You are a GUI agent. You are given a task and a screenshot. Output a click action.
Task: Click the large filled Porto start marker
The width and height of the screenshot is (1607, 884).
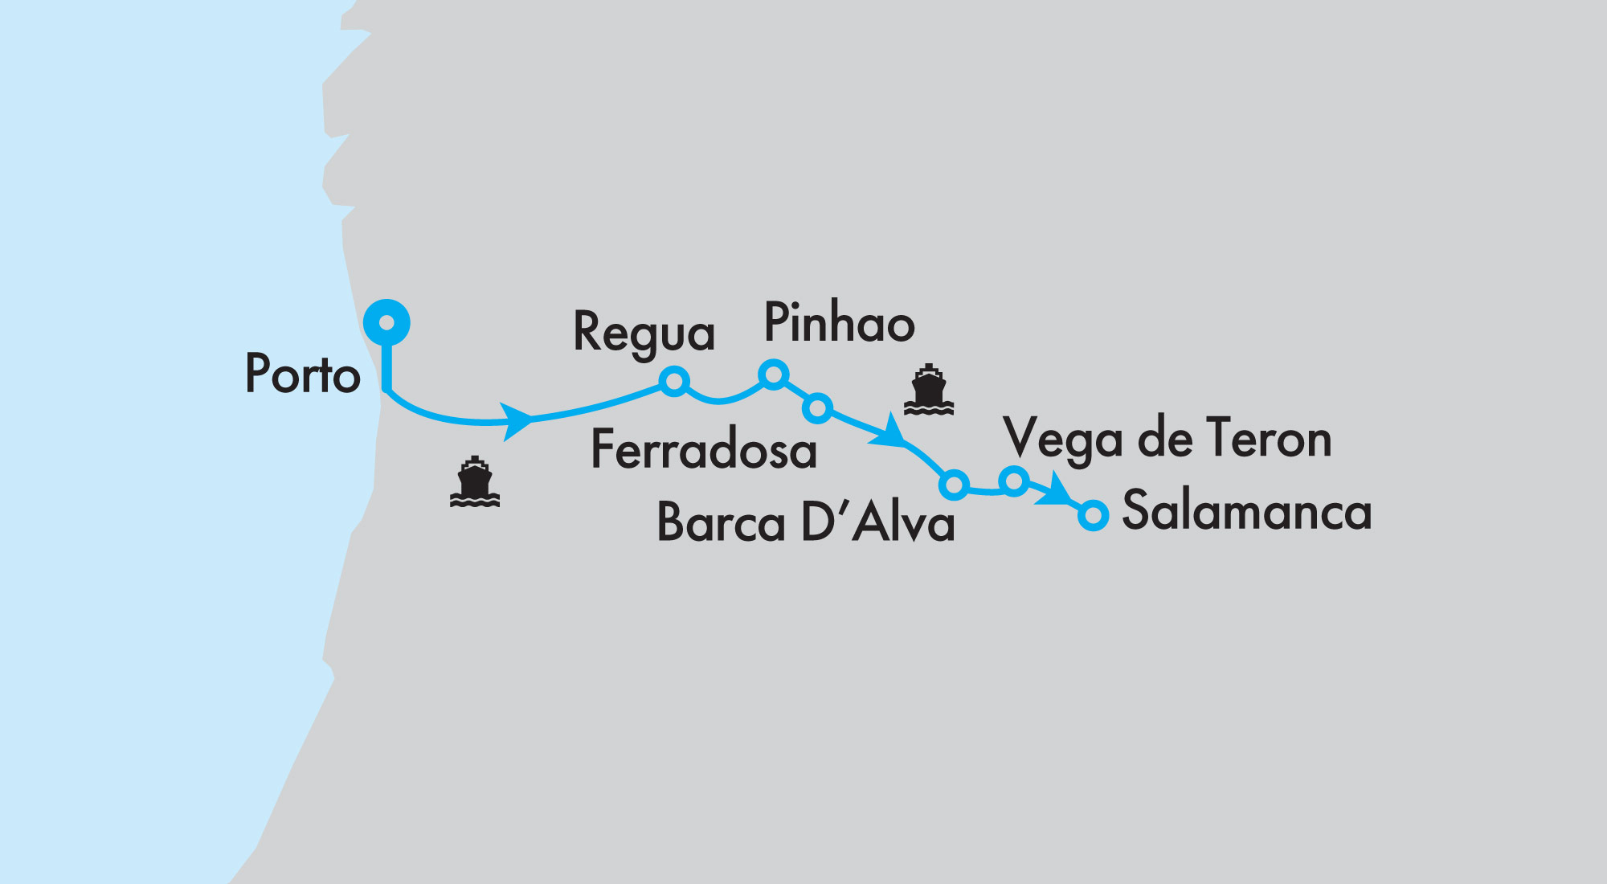click(386, 322)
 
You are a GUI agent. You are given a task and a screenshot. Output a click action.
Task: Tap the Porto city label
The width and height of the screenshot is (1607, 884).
click(302, 374)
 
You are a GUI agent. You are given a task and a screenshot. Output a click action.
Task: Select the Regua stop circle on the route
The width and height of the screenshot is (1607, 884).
click(674, 381)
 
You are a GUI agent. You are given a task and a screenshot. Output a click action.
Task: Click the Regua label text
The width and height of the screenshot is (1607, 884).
click(644, 333)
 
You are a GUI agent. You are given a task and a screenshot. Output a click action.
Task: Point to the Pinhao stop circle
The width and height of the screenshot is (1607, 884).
click(773, 374)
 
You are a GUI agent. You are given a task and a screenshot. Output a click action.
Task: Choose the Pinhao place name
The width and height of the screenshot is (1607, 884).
click(839, 323)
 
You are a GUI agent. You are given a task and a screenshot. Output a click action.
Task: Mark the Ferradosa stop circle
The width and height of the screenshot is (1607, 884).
click(817, 408)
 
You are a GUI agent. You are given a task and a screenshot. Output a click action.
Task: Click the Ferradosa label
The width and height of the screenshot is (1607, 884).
click(703, 449)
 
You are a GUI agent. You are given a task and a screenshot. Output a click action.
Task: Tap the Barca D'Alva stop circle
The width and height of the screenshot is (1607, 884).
click(954, 485)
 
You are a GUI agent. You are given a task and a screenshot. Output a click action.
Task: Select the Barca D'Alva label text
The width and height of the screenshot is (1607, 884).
click(805, 523)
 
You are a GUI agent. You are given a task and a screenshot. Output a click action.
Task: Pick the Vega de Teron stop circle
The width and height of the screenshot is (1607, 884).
click(1014, 481)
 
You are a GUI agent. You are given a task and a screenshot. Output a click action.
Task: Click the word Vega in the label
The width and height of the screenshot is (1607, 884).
click(1062, 440)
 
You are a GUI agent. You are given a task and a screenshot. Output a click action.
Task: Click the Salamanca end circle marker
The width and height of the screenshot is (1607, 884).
click(1093, 514)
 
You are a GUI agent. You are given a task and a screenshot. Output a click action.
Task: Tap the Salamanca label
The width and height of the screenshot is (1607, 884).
click(1246, 510)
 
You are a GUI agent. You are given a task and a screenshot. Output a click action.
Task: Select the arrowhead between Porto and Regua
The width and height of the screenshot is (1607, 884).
click(516, 420)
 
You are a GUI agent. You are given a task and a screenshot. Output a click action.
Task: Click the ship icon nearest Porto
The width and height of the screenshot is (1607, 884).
click(475, 482)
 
